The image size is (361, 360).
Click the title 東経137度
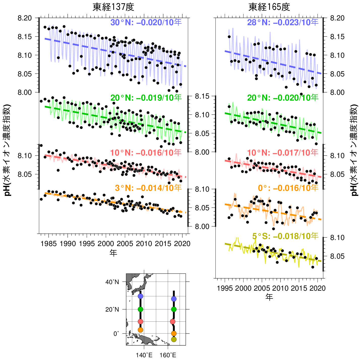tap(113, 7)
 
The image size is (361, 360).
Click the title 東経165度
tap(269, 7)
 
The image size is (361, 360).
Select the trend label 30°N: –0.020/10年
tap(146, 22)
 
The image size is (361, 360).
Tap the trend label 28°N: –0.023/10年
tap(283, 22)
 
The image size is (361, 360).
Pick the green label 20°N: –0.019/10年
tap(146, 98)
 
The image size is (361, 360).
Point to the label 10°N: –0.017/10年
tap(283, 153)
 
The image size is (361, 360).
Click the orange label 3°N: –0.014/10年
tap(148, 188)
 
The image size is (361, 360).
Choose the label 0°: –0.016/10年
tap(288, 188)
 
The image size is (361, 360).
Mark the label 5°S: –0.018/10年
tap(285, 236)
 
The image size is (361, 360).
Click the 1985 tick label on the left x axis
tap(48, 244)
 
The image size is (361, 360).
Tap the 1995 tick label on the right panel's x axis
tap(225, 288)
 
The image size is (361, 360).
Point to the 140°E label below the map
tap(144, 355)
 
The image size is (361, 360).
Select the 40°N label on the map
tap(112, 282)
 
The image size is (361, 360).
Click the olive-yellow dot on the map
tap(174, 340)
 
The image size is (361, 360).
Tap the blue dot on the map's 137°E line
tap(141, 296)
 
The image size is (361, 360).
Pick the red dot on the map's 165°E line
tap(173, 321)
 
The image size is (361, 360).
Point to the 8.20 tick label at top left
tap(24, 18)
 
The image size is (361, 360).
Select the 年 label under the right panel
tap(269, 297)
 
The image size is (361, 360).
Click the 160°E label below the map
tap(168, 355)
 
